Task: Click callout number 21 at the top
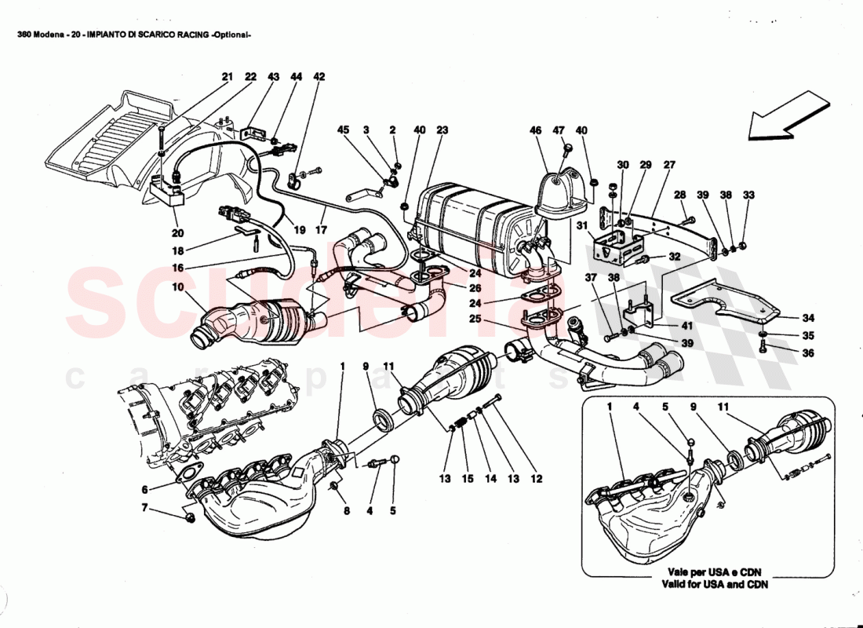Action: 228,77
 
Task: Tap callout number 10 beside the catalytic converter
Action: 178,288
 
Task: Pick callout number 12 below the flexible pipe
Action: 537,478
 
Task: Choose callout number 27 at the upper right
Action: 669,165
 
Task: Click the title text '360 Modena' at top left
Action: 42,35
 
